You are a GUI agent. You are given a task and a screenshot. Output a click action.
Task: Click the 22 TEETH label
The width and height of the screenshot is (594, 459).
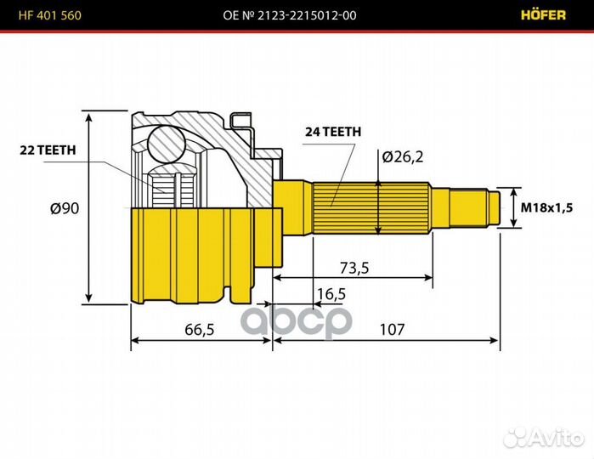click(x=48, y=150)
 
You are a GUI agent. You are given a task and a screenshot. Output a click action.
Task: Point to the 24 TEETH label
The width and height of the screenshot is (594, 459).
click(x=333, y=132)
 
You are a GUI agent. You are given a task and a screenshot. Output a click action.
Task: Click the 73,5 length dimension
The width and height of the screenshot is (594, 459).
click(x=354, y=268)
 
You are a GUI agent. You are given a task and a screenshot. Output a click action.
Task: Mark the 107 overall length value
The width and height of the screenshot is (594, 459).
click(x=392, y=329)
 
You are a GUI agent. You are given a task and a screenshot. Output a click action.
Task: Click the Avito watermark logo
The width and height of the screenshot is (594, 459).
click(x=544, y=437)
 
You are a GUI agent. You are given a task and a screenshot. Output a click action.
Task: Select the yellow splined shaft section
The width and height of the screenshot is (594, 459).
click(x=369, y=207)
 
